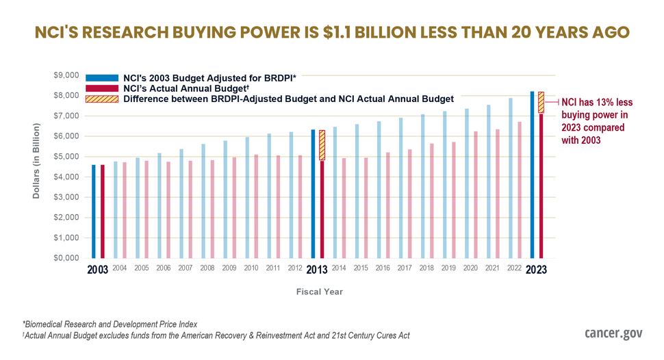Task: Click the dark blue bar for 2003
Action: pos(94,211)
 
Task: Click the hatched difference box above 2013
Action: pos(322,145)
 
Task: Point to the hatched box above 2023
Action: pos(541,103)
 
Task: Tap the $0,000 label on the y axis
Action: pos(66,259)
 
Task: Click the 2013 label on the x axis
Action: pos(317,269)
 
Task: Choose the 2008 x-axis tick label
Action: pos(207,268)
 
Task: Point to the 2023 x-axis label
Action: pos(536,269)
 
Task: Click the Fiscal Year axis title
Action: pos(320,292)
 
